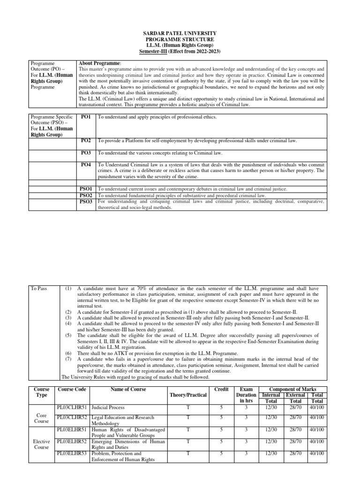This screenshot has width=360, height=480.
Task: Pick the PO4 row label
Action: pos(86,165)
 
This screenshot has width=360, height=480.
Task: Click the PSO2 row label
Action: pos(86,195)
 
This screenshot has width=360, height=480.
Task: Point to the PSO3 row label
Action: pos(86,202)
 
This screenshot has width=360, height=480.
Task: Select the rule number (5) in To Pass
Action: pos(68,335)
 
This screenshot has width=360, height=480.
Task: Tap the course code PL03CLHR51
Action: pos(72,407)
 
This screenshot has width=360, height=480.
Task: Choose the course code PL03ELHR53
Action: pos(72,454)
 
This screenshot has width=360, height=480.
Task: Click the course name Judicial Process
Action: pos(108,407)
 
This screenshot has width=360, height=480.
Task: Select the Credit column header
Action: pos(221,389)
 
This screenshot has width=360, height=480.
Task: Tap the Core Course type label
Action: pos(42,419)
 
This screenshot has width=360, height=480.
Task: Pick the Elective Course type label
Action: pos(42,445)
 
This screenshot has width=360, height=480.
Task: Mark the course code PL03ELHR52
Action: pos(72,441)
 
